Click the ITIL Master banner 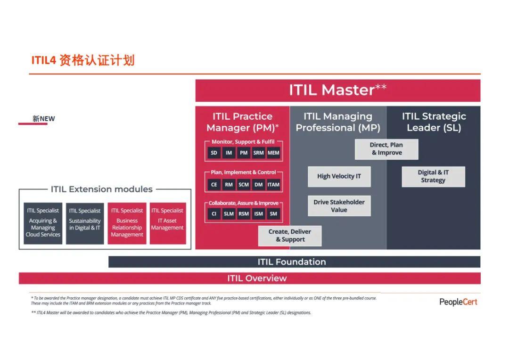tap(337, 90)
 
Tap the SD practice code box tap(214, 153)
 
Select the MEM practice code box tap(273, 153)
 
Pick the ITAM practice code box tap(273, 185)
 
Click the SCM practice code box tap(244, 185)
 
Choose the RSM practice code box tap(244, 214)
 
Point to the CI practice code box tap(214, 214)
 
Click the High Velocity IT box tap(339, 176)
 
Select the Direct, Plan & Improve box tap(386, 149)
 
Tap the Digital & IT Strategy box tap(433, 176)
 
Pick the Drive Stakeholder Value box tap(339, 206)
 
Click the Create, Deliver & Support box tap(290, 236)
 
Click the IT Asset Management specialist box tap(167, 223)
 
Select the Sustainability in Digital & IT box tap(85, 223)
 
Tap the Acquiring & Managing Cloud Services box tap(43, 223)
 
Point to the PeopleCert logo tap(458, 302)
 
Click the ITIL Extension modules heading tap(102, 189)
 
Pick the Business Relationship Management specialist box tap(127, 223)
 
